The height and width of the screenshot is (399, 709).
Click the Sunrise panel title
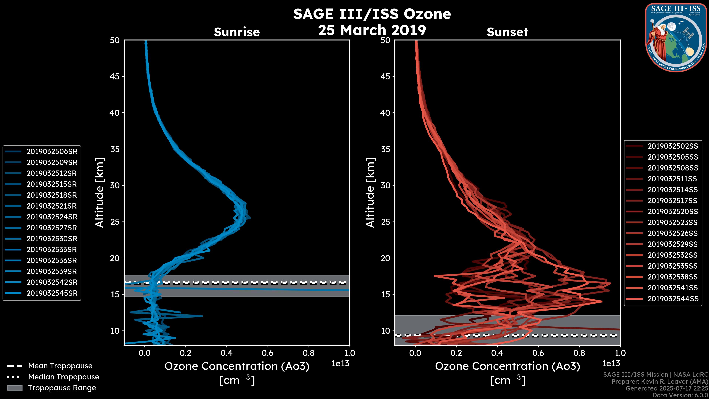[237, 32]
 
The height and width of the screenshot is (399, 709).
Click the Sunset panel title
[507, 32]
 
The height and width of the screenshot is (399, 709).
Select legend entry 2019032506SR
[52, 151]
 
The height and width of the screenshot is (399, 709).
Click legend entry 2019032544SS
[673, 299]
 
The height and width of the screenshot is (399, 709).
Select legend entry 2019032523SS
[673, 222]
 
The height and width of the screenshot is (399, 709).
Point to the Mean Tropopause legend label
[60, 366]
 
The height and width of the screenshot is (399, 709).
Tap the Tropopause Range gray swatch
[15, 388]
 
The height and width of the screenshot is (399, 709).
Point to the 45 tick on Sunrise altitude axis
[115, 76]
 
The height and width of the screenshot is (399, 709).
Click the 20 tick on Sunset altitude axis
[385, 258]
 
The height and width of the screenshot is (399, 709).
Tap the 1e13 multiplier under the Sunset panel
[611, 364]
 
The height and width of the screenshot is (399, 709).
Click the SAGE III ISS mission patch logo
[676, 37]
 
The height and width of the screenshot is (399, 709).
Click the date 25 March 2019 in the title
[372, 30]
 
